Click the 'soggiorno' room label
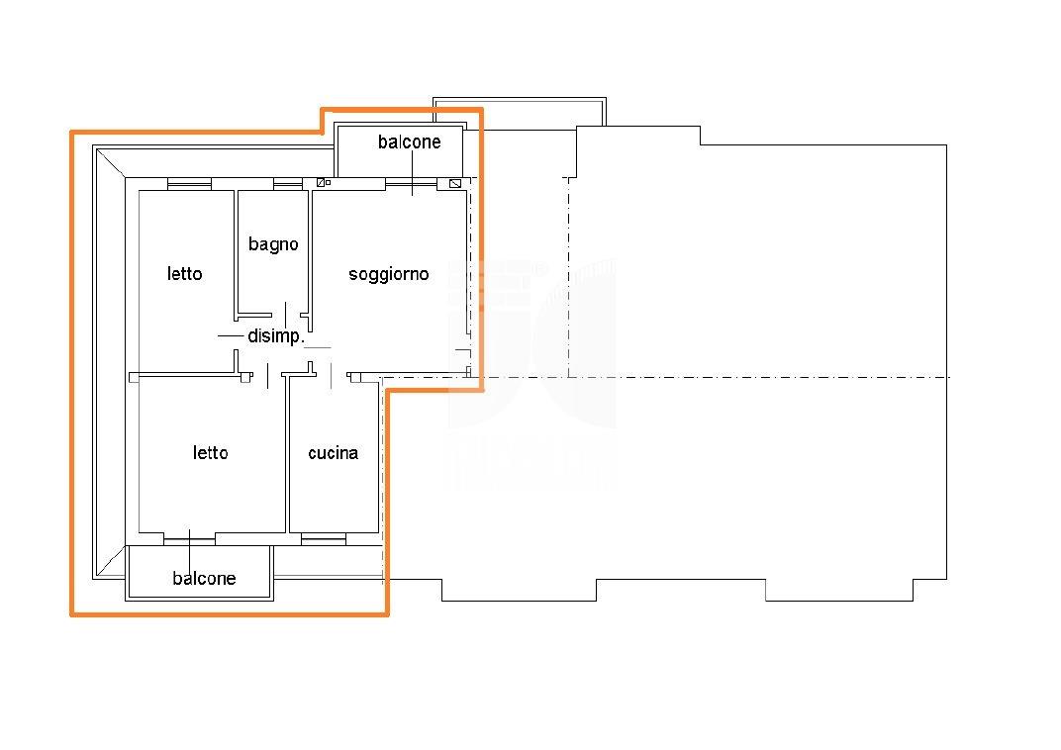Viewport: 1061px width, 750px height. (x=388, y=275)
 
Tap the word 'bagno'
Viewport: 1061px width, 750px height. (x=273, y=244)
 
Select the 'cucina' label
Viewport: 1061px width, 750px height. (x=333, y=453)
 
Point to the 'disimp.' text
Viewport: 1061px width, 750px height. (x=276, y=336)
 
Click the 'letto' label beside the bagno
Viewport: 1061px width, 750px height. (x=185, y=274)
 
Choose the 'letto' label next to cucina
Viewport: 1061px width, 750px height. (x=211, y=453)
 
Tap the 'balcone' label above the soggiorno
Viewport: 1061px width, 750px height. (x=410, y=142)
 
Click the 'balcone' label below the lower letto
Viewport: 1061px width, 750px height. (x=204, y=578)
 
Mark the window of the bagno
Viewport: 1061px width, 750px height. (x=288, y=183)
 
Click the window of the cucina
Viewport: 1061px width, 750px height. (x=324, y=538)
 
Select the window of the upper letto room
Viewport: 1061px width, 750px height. (x=189, y=183)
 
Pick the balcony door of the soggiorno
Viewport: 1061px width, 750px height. (x=412, y=183)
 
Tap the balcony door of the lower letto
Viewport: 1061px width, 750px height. (x=189, y=538)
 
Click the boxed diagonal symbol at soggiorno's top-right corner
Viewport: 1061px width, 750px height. (x=455, y=183)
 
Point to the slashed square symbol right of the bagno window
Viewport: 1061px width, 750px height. (x=321, y=183)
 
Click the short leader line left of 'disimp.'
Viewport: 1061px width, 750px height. (x=231, y=336)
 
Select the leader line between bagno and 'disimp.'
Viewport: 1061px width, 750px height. (x=286, y=316)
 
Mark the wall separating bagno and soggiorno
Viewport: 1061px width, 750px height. (x=310, y=252)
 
